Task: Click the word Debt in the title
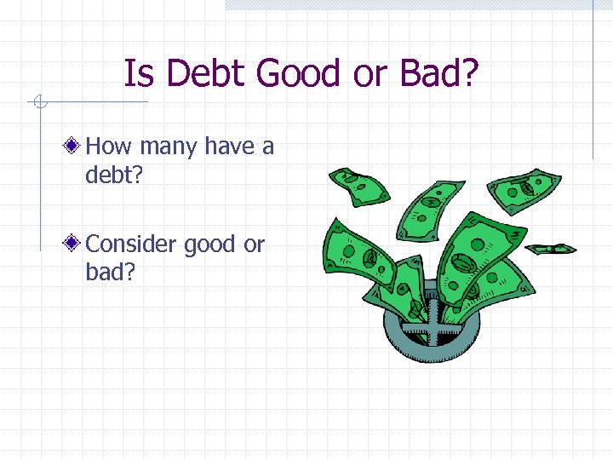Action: click(207, 74)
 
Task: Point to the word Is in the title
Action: click(140, 74)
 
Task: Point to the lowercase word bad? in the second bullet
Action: click(112, 273)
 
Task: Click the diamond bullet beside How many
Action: click(77, 147)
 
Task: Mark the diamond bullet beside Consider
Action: click(77, 244)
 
